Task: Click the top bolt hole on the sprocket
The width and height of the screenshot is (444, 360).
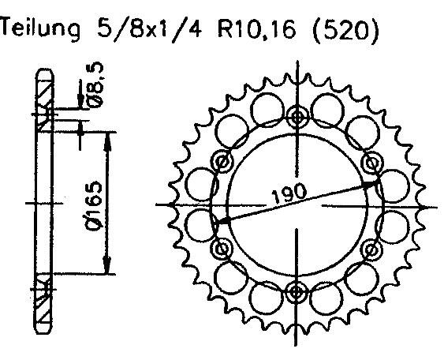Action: tap(297, 118)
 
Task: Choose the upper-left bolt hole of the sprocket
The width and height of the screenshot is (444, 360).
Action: tap(223, 164)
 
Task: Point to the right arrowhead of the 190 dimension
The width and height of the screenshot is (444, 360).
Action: tap(373, 183)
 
